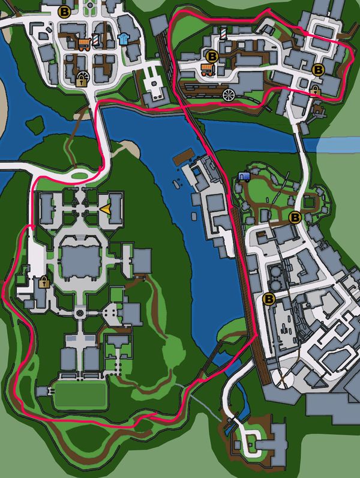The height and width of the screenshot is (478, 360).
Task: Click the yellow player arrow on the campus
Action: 105,209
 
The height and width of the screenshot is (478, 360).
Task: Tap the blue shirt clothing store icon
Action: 124,39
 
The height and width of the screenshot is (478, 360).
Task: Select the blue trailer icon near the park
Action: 244,176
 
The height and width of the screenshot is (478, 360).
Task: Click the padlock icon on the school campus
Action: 43,282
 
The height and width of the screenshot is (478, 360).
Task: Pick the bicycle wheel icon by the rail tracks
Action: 228,94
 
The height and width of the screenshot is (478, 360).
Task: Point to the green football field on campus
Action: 80,395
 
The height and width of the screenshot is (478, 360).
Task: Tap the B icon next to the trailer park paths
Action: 295,217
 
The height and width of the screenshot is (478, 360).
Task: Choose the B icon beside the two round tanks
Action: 269,298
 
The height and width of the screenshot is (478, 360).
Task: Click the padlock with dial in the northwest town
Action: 82,78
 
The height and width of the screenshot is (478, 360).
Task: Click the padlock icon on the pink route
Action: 315,90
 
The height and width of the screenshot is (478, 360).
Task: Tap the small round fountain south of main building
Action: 80,313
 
